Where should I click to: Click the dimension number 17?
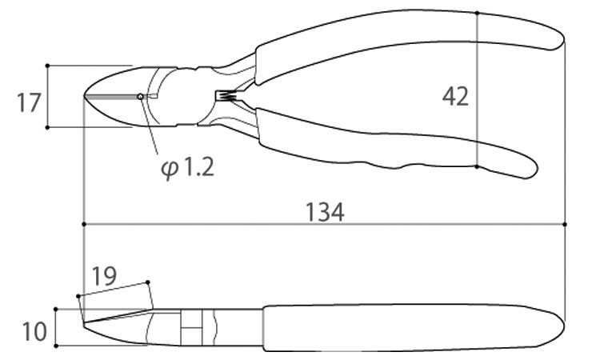[x=29, y=102]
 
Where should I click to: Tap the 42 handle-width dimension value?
[x=455, y=97]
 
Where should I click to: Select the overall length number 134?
[x=325, y=212]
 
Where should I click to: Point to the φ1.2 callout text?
[x=187, y=167]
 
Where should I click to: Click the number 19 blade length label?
[x=105, y=276]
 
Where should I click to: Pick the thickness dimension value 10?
[x=34, y=331]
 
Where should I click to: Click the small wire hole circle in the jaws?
[x=141, y=97]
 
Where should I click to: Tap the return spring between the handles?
[x=229, y=96]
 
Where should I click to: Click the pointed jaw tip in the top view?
[x=85, y=96]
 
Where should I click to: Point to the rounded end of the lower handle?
[x=532, y=169]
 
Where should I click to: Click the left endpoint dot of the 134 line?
[x=84, y=224]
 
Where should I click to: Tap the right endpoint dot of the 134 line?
[x=565, y=224]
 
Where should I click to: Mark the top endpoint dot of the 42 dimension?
[x=477, y=13]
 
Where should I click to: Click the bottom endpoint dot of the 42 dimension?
[x=477, y=167]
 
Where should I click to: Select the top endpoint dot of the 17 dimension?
[x=47, y=66]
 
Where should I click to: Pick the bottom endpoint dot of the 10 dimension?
[x=56, y=346]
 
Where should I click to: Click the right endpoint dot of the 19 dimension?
[x=148, y=282]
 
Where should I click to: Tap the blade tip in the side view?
[x=84, y=324]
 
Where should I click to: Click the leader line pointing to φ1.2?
[x=150, y=126]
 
